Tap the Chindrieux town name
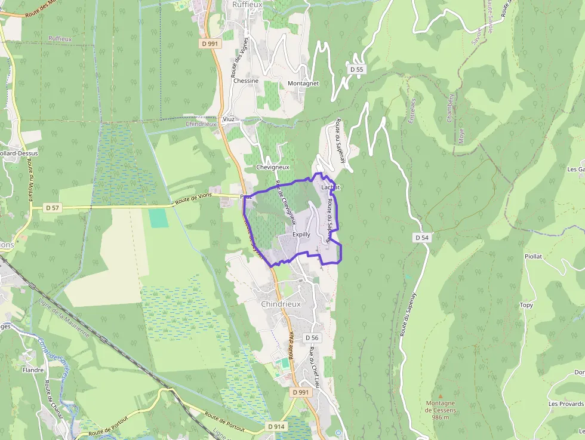pyautogui.click(x=281, y=304)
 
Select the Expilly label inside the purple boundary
pyautogui.click(x=301, y=235)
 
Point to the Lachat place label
pyautogui.click(x=330, y=187)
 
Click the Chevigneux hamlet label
pyautogui.click(x=272, y=167)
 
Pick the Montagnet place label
pyautogui.click(x=303, y=84)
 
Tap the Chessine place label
pyautogui.click(x=246, y=81)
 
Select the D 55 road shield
pyautogui.click(x=356, y=69)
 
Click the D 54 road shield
pyautogui.click(x=422, y=238)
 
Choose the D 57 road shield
pyautogui.click(x=53, y=208)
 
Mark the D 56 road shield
pyautogui.click(x=312, y=338)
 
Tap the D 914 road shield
pyautogui.click(x=276, y=426)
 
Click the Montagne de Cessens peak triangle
pyautogui.click(x=441, y=396)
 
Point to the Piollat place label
pyautogui.click(x=533, y=256)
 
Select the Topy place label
pyautogui.click(x=526, y=305)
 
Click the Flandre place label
pyautogui.click(x=33, y=370)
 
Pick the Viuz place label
pyautogui.click(x=229, y=119)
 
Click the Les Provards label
pyautogui.click(x=566, y=404)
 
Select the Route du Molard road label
pyautogui.click(x=30, y=180)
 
